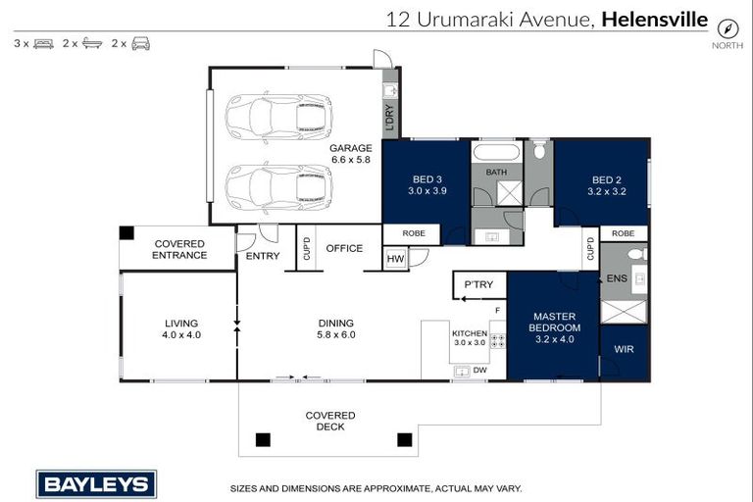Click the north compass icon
[x=727, y=27]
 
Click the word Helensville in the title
[x=654, y=18]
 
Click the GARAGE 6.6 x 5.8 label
[x=351, y=154]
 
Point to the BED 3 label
[x=426, y=185]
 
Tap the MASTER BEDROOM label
[x=553, y=327]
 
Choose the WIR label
[x=625, y=348]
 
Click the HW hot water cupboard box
[x=395, y=258]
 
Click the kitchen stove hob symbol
[x=497, y=342]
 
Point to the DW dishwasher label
[x=480, y=370]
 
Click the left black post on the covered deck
[x=262, y=439]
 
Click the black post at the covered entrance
[x=126, y=233]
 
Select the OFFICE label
[x=344, y=249]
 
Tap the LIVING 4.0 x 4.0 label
[x=181, y=328]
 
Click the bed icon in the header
[x=43, y=43]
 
